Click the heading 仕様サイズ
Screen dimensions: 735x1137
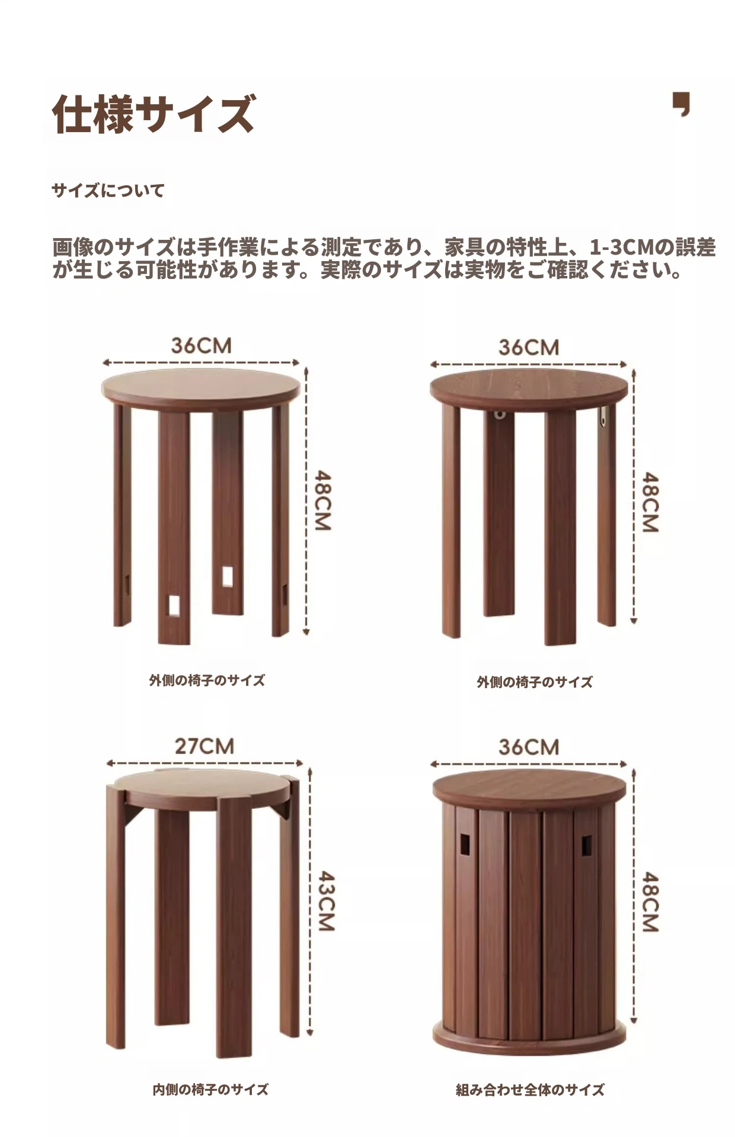pyautogui.click(x=154, y=113)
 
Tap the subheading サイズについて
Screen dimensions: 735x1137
pyautogui.click(x=108, y=191)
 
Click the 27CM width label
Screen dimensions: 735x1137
pyautogui.click(x=204, y=746)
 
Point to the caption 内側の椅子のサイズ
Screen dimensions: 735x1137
pyautogui.click(x=210, y=1088)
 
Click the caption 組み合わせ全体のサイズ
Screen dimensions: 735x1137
pyautogui.click(x=530, y=1089)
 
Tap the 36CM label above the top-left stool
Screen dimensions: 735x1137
pyautogui.click(x=201, y=346)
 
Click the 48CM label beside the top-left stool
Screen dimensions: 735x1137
pyautogui.click(x=322, y=500)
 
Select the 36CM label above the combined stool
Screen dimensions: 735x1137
pyautogui.click(x=529, y=747)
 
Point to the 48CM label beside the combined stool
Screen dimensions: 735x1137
pyautogui.click(x=651, y=901)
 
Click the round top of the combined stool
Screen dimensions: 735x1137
pyautogui.click(x=529, y=788)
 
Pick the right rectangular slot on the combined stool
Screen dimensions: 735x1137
pyautogui.click(x=587, y=844)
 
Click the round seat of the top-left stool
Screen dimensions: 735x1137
pyautogui.click(x=200, y=388)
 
